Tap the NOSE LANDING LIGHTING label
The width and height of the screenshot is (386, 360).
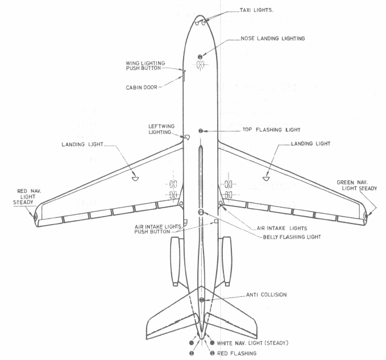click(x=272, y=39)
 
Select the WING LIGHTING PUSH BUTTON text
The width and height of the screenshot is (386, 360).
click(x=143, y=65)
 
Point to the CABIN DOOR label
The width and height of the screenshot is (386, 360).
click(x=141, y=88)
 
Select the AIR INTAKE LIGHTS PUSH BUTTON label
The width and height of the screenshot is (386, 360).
click(x=157, y=229)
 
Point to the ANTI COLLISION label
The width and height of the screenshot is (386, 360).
click(x=266, y=295)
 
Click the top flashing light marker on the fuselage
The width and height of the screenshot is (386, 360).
click(x=200, y=131)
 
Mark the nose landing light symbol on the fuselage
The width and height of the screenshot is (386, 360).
click(x=200, y=57)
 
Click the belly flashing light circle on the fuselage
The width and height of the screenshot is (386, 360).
click(x=201, y=212)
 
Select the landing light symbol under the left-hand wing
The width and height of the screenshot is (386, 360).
click(x=135, y=177)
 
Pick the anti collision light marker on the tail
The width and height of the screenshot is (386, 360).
click(x=201, y=299)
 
